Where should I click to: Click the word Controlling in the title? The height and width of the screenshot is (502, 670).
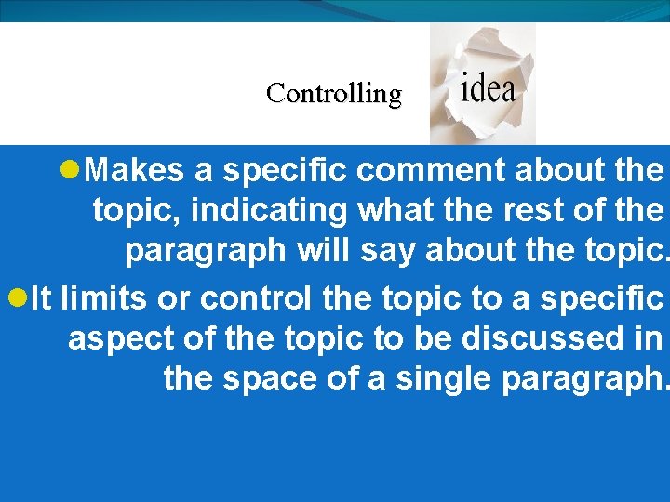pyautogui.click(x=333, y=94)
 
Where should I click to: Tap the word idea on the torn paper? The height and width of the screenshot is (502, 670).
pyautogui.click(x=488, y=88)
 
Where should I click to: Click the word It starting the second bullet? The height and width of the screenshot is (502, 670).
pyautogui.click(x=42, y=298)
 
